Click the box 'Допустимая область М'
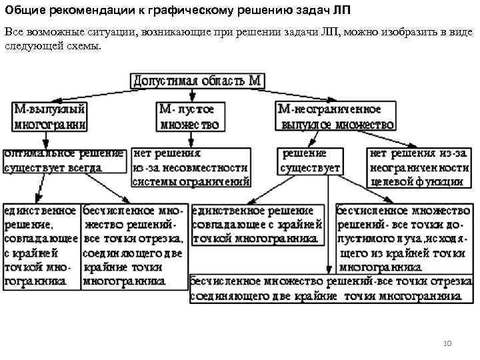[x=197, y=81]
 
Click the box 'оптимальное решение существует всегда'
[x=64, y=161]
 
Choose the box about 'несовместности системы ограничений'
[x=191, y=167]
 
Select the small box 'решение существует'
[x=310, y=161]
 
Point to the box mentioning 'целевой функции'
[x=419, y=167]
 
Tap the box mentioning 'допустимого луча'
[x=403, y=238]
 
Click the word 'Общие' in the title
[x=24, y=11]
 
